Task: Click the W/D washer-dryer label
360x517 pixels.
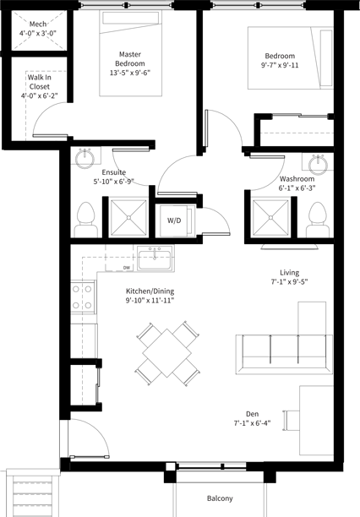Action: click(174, 220)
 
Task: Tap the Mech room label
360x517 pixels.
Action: click(38, 24)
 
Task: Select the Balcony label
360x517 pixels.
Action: click(220, 498)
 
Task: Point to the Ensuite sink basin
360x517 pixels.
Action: click(85, 158)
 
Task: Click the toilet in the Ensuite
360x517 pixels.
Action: click(85, 220)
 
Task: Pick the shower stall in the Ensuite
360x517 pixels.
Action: click(128, 218)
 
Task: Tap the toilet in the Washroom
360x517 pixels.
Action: click(318, 220)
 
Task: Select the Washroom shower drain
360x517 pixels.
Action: click(270, 218)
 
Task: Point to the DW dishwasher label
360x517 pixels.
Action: click(127, 268)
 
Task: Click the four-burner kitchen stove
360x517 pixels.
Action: click(83, 297)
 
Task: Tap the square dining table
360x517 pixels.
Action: click(167, 353)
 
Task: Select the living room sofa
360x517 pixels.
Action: click(284, 354)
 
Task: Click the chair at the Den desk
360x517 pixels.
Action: click(291, 420)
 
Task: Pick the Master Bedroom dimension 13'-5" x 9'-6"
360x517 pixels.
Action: click(130, 73)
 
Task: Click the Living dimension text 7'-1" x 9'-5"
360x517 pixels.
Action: click(289, 282)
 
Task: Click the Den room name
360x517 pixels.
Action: click(252, 414)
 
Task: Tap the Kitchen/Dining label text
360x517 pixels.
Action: click(150, 291)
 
